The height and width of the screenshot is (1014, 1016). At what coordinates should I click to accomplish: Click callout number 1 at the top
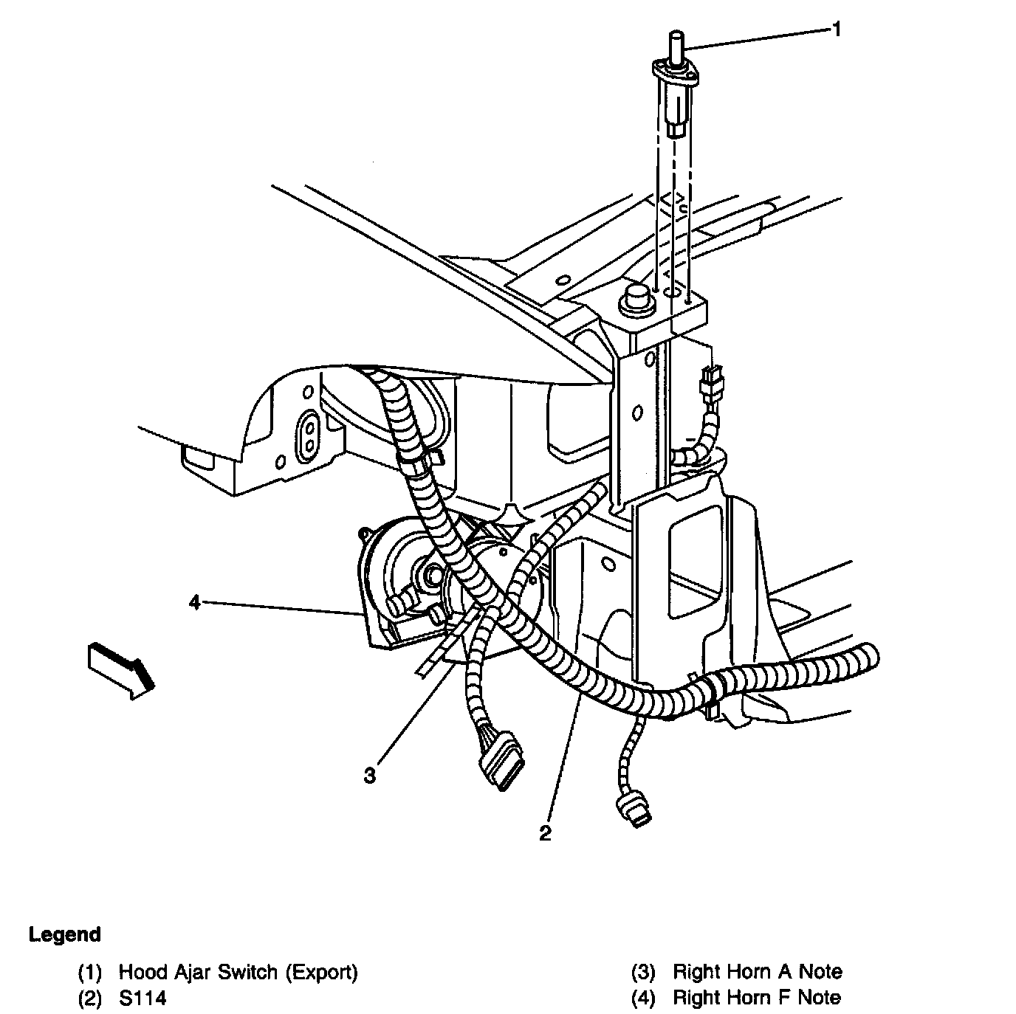837,30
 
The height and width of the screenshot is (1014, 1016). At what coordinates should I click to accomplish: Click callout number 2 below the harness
545,833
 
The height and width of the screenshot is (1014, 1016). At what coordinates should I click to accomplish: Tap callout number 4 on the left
194,603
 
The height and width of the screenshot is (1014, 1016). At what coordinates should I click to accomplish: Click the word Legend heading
65,934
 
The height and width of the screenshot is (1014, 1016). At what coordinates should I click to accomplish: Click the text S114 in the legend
143,998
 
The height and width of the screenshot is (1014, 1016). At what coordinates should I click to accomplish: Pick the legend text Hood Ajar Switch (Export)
238,972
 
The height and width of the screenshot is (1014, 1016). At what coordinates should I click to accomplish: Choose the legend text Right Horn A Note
757,972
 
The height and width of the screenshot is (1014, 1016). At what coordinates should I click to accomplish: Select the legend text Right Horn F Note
756,998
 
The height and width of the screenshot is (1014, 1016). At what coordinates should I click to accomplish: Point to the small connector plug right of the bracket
712,384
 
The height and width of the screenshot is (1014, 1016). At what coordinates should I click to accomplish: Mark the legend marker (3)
643,972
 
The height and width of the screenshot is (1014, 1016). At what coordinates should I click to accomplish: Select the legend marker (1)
89,972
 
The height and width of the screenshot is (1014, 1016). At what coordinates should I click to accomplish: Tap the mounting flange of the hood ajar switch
675,71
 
